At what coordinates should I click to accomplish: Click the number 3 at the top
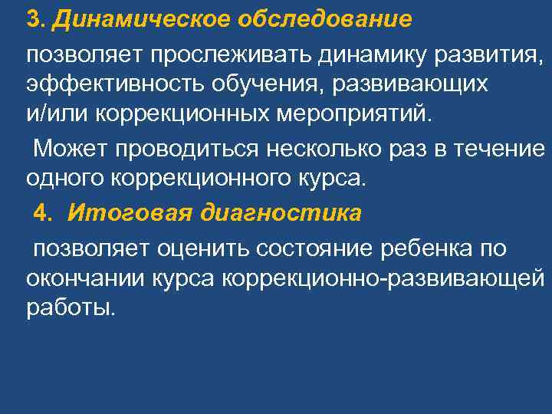click(x=31, y=18)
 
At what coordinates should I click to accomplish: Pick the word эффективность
click(x=104, y=84)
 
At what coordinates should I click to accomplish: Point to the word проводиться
click(x=169, y=147)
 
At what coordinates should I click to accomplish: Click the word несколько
click(x=310, y=147)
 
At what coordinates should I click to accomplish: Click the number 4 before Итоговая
click(x=41, y=213)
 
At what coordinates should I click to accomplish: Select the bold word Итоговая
click(x=123, y=213)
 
